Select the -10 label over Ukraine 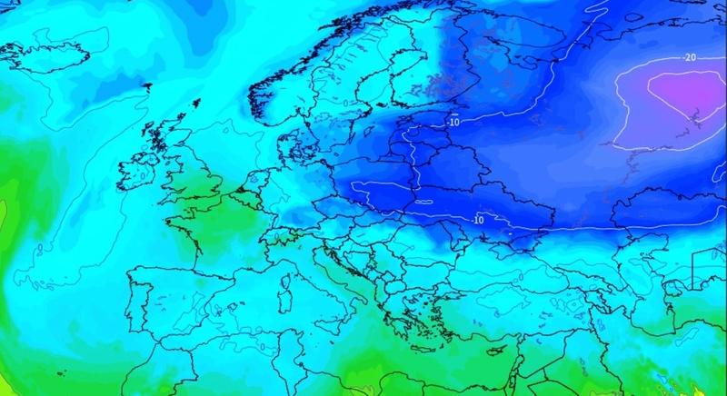(476, 219)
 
